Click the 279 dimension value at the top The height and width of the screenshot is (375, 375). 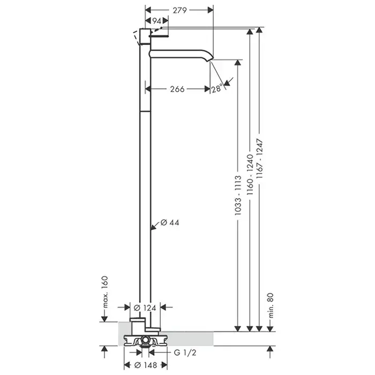pyautogui.click(x=179, y=10)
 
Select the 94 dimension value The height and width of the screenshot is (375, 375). pyautogui.click(x=156, y=21)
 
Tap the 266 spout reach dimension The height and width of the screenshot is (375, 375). pyautogui.click(x=177, y=89)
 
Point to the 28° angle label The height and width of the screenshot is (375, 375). pyautogui.click(x=217, y=89)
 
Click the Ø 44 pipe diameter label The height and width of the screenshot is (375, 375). pyautogui.click(x=170, y=223)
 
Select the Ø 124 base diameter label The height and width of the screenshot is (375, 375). pyautogui.click(x=145, y=308)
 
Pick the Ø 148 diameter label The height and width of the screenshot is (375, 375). pyautogui.click(x=146, y=365)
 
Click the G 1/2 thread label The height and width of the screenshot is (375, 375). pyautogui.click(x=185, y=352)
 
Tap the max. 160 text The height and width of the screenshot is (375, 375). pyautogui.click(x=105, y=292)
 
